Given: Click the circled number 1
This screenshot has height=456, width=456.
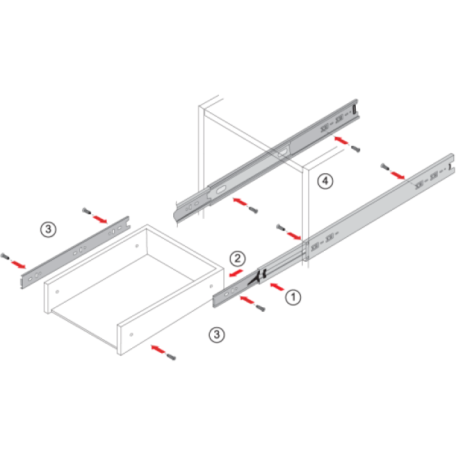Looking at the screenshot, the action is (x=293, y=297).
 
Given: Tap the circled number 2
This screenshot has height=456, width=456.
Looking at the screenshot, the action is (x=238, y=259).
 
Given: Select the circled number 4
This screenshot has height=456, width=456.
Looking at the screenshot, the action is (x=325, y=181).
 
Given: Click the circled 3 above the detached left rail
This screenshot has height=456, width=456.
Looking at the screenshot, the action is (x=48, y=230).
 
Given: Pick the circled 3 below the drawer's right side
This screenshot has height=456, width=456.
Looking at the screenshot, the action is (x=217, y=334).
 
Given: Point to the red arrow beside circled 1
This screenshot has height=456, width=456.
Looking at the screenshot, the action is (x=277, y=287).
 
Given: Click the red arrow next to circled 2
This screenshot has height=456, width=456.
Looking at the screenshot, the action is (x=236, y=273).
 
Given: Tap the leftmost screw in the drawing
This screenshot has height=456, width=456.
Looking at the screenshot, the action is (x=5, y=256).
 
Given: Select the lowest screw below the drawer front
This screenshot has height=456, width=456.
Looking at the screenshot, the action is (x=171, y=357).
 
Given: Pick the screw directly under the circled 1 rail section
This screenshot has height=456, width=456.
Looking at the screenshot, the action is (x=260, y=308).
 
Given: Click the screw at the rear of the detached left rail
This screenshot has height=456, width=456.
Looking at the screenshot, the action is (x=87, y=210).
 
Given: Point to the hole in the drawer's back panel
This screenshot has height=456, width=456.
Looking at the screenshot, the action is (x=137, y=246).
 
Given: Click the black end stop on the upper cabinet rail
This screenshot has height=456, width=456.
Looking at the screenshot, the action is (x=354, y=109).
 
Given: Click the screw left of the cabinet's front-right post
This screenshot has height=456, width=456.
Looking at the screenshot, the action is (x=280, y=227).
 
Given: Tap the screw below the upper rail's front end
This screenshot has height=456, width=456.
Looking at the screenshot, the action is (x=253, y=210).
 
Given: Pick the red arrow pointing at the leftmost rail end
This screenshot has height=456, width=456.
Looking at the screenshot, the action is (x=19, y=264).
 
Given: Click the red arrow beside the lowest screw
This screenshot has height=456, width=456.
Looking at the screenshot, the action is (x=158, y=349).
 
